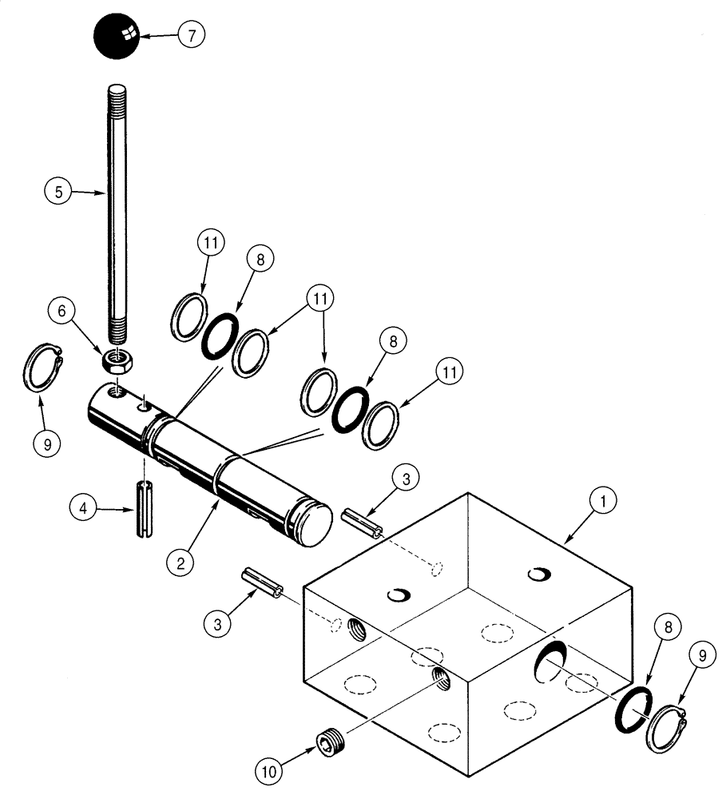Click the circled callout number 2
180,562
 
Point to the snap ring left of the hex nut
39,367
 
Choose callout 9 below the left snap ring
47,444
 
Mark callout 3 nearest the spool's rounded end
405,479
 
